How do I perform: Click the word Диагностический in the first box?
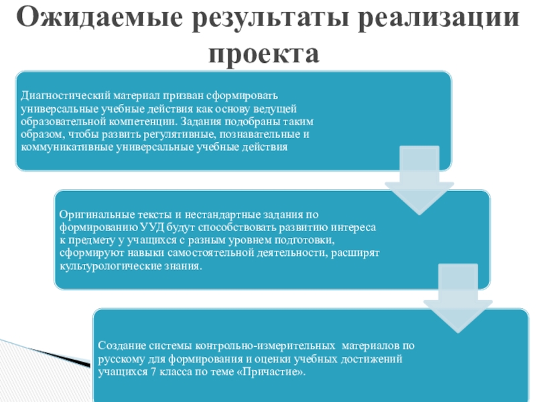point(59,96)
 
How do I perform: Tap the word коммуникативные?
point(62,147)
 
